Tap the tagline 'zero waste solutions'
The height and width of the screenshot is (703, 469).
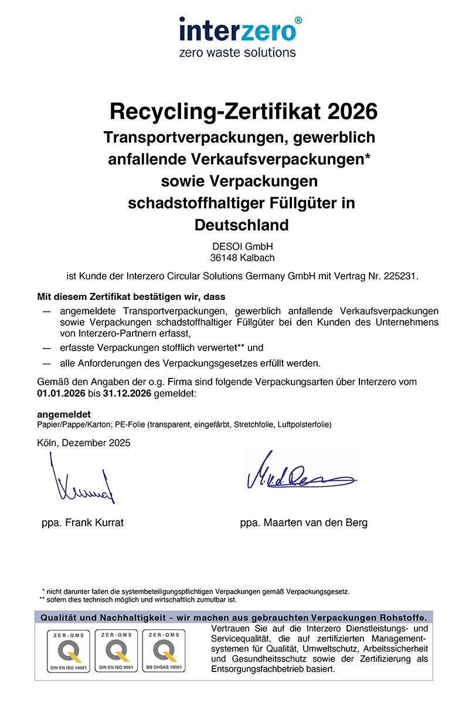pos(237,52)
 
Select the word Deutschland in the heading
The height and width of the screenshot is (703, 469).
pos(241,224)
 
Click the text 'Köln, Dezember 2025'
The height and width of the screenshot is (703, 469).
pos(83,443)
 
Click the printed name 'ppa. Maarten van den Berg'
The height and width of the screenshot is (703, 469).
pos(304,523)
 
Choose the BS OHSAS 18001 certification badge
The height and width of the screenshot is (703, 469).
pos(163,650)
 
